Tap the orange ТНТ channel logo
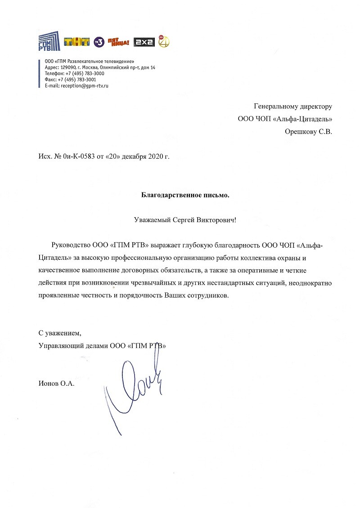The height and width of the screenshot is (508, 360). click(x=77, y=42)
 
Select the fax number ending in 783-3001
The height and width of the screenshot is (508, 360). click(x=80, y=80)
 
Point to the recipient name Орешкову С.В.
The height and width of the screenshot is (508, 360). click(x=308, y=132)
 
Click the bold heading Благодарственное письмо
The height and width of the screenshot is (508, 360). click(x=185, y=195)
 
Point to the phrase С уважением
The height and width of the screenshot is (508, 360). click(x=60, y=333)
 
